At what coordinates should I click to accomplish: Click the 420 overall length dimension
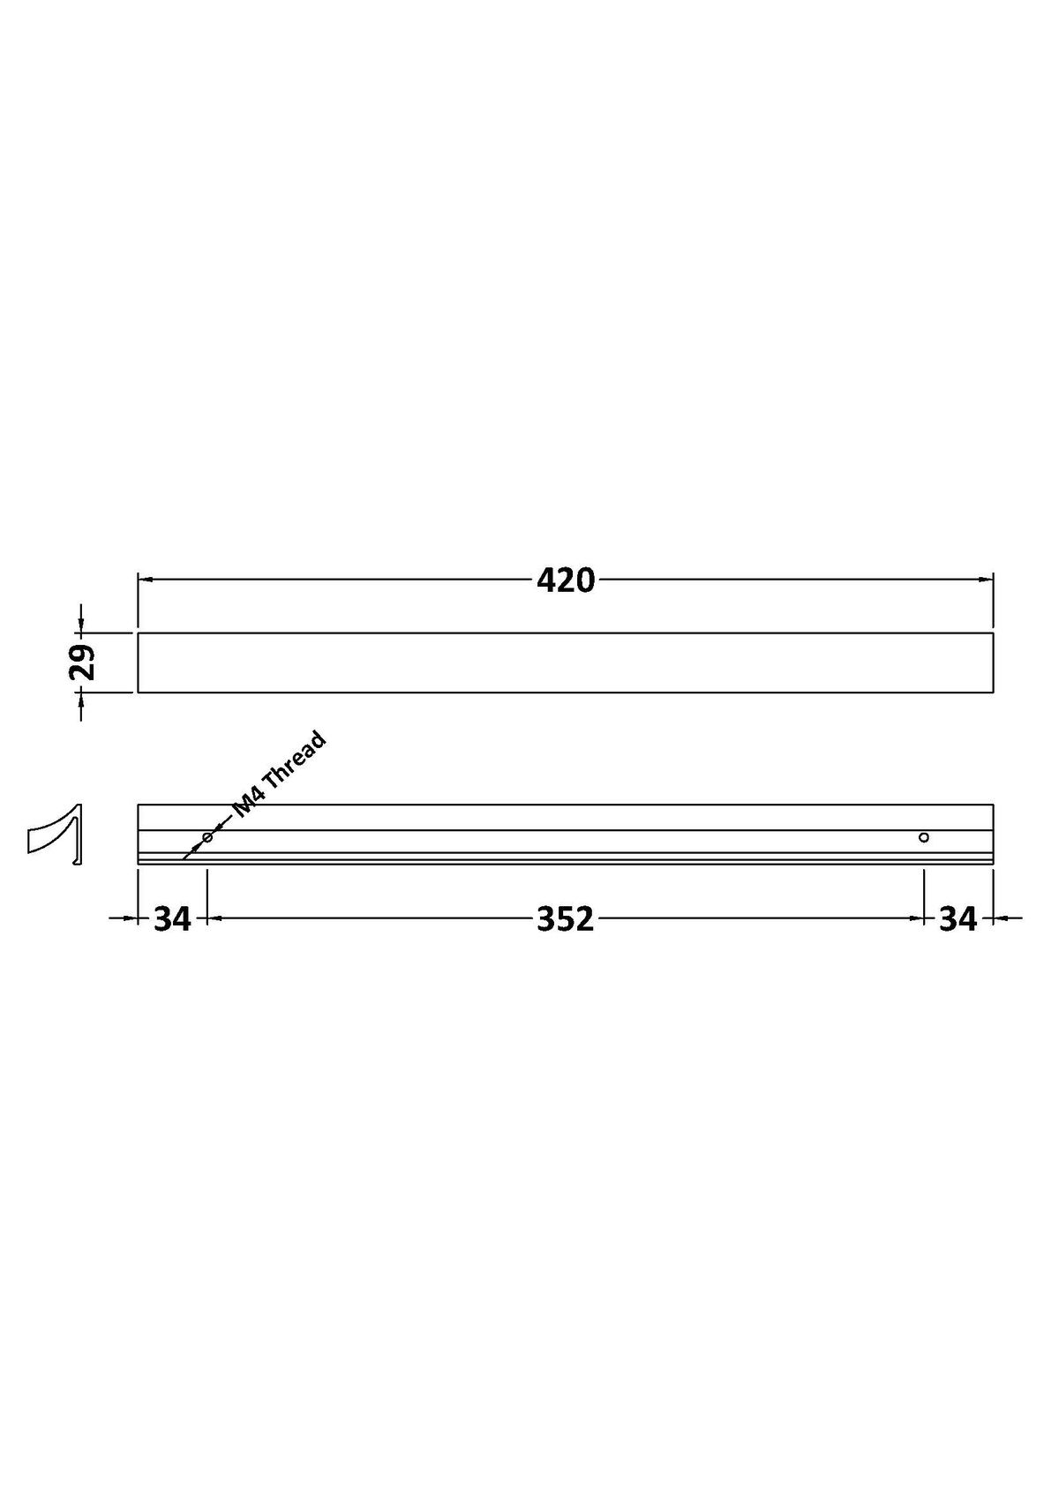[566, 580]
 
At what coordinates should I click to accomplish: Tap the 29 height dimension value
[83, 662]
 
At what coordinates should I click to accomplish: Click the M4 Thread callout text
[279, 775]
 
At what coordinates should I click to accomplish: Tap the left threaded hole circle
[207, 837]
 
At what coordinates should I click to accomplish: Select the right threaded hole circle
[924, 837]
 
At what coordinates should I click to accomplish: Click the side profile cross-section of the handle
[55, 835]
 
